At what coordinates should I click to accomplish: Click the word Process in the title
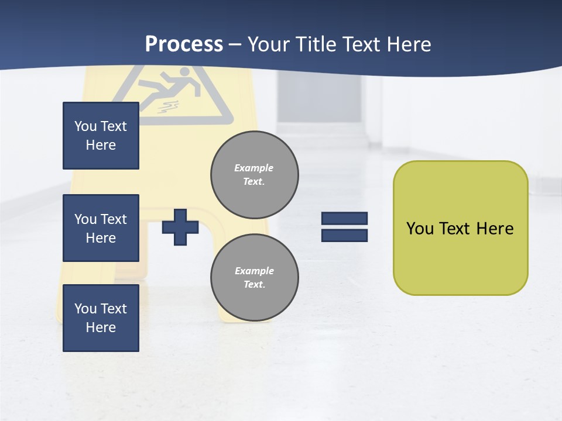184,44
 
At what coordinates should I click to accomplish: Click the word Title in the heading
316,44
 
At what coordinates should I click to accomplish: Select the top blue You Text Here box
101,136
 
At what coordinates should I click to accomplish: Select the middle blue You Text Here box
101,228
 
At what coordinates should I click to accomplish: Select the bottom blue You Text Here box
101,318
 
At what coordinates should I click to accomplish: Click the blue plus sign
180,227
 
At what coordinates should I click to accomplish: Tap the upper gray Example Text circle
255,175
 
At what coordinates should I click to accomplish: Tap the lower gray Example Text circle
255,278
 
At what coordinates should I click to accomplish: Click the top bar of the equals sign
345,218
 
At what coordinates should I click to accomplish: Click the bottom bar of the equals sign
345,235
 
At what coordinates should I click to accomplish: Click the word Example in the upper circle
254,168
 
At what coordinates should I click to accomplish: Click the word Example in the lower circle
254,271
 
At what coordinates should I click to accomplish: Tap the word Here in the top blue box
101,145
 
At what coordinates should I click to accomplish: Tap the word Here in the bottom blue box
101,327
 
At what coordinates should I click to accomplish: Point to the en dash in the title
235,45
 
